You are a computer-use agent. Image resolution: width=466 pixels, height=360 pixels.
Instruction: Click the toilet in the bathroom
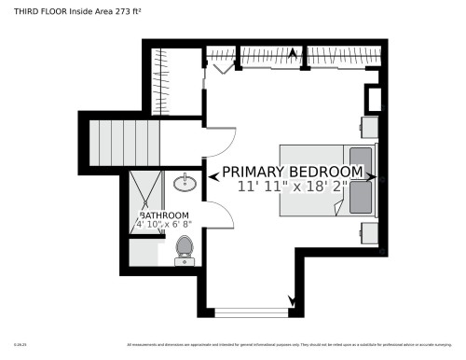(184, 248)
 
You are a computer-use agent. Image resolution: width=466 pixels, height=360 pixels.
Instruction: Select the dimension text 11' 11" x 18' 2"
(292, 187)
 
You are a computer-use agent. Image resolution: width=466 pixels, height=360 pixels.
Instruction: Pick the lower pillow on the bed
(361, 195)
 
